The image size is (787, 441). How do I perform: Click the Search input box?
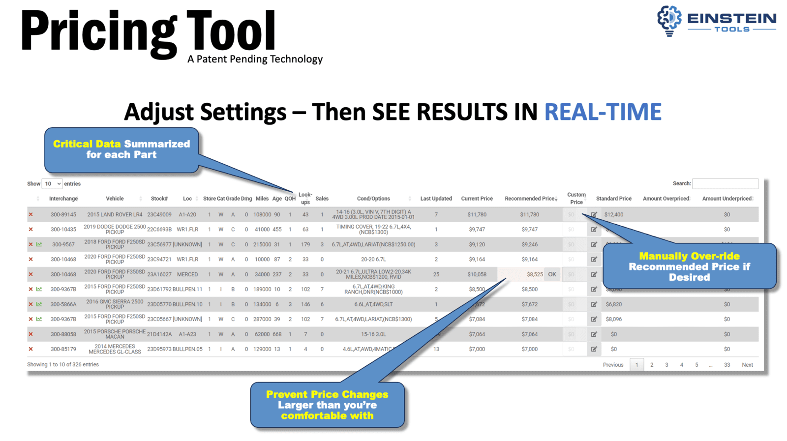725,183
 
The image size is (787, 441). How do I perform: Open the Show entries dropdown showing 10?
52,184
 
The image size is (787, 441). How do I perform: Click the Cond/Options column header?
373,199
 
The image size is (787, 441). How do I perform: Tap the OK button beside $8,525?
552,274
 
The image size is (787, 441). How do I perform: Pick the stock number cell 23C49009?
159,215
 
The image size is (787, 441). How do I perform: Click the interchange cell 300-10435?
63,230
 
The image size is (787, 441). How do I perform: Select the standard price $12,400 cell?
614,215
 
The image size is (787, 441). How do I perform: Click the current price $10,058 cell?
477,274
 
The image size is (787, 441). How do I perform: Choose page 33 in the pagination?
727,365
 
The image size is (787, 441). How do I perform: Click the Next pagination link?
747,365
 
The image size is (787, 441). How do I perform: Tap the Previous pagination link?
613,365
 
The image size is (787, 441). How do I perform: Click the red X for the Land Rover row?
30,215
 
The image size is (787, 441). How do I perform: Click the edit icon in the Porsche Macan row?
594,334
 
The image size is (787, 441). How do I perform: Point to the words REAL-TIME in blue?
603,112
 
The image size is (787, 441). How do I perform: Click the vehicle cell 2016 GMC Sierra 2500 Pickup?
115,304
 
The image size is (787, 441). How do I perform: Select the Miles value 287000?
262,319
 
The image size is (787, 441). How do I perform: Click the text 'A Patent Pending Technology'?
255,59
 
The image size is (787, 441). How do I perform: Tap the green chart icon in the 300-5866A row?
39,304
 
